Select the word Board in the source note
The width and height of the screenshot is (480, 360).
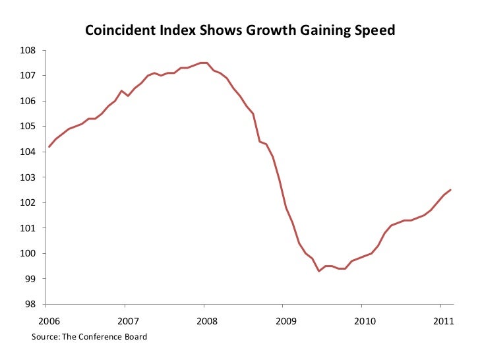(x=135, y=337)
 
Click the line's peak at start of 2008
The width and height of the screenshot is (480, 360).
(x=204, y=63)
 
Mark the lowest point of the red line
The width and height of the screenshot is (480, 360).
(x=319, y=271)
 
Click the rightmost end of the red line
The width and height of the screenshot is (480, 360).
(x=450, y=190)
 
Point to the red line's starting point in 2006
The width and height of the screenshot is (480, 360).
(x=49, y=146)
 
